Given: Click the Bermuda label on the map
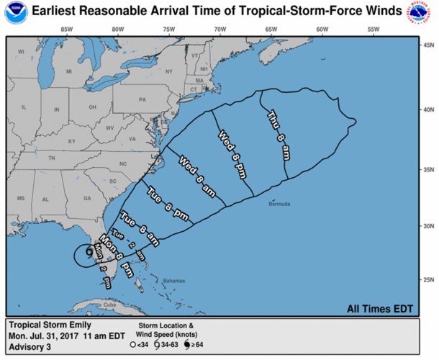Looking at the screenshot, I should pos(281,204).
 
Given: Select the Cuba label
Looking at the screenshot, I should pos(109,305).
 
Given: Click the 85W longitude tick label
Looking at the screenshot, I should pos(66,30).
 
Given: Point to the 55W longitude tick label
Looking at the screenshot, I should pos(373,30).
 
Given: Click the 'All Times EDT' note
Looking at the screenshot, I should pos(381,309).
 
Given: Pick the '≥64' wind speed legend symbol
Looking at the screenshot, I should pos(189,344).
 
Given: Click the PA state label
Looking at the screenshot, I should pos(142,99).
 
